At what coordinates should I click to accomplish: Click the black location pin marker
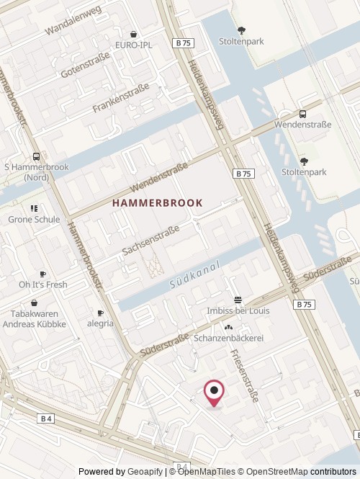(215, 393)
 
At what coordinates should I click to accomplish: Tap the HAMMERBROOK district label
(158, 204)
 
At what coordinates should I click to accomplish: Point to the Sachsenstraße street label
(150, 239)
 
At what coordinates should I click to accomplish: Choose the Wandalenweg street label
(73, 22)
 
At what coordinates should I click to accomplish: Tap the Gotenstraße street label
(85, 64)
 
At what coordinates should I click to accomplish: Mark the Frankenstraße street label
(120, 98)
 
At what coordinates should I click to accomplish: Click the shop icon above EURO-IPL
(134, 34)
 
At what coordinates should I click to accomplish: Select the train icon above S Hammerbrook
(36, 156)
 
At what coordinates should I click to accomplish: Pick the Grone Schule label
(34, 219)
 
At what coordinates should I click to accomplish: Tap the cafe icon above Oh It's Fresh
(42, 274)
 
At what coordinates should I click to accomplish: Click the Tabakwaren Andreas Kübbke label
(38, 319)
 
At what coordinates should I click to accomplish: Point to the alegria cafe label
(101, 323)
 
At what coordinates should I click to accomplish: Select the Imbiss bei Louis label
(238, 310)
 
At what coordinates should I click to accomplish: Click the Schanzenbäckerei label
(229, 338)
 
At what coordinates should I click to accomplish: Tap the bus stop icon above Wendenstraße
(302, 114)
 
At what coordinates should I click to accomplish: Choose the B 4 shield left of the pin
(46, 418)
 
